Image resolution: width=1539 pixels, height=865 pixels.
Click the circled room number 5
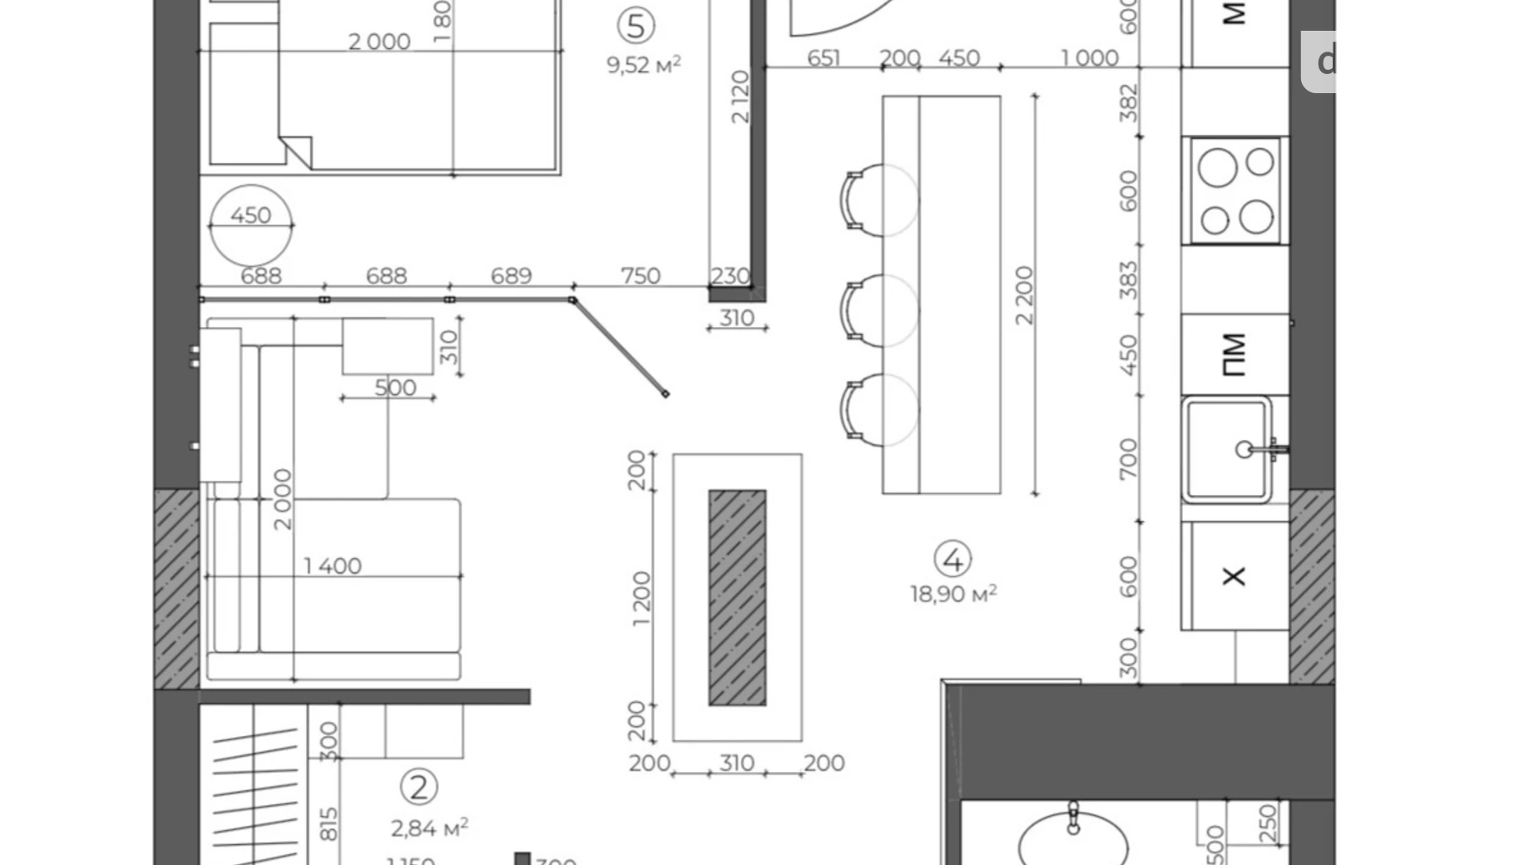(x=636, y=26)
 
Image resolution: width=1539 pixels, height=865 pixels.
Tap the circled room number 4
(x=953, y=560)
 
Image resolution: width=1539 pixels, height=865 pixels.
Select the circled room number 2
(x=418, y=786)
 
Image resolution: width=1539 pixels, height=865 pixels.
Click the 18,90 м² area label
(x=953, y=594)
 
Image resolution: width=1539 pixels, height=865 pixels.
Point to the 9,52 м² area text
(x=643, y=64)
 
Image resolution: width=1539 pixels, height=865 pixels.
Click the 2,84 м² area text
(x=429, y=828)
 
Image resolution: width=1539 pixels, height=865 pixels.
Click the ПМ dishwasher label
(x=1235, y=354)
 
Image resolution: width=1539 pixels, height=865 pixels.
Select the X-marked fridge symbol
(x=1234, y=576)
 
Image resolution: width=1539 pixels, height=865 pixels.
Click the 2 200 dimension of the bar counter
(x=1023, y=294)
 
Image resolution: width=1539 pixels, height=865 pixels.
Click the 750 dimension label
(x=641, y=275)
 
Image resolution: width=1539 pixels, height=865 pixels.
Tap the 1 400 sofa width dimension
(x=332, y=566)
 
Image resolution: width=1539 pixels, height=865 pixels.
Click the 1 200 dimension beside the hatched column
(x=641, y=599)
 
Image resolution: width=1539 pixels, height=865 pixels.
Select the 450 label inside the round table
(x=250, y=215)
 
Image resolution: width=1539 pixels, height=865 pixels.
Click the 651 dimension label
(x=824, y=58)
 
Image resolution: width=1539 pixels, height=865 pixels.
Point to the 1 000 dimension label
(x=1089, y=58)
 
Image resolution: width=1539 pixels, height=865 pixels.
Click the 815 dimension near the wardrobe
(x=329, y=823)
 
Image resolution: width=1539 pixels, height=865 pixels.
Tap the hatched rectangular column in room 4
(x=737, y=597)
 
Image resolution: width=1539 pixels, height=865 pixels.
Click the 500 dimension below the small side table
(x=395, y=388)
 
